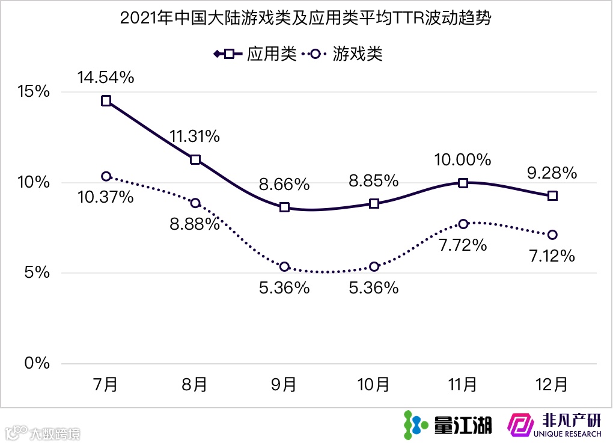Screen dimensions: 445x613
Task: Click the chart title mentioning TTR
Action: coord(306,19)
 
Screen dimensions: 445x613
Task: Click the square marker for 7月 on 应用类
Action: coord(106,101)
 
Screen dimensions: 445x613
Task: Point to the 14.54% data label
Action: coord(105,78)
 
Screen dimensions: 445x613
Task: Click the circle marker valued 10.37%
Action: coord(106,176)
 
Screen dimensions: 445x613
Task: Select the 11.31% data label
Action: coord(195,137)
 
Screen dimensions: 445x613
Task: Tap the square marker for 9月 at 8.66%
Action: coord(284,207)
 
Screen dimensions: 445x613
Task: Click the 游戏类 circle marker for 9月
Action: coord(284,266)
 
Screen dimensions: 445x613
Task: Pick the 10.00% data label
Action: coord(463,160)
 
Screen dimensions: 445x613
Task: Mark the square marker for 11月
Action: coord(463,183)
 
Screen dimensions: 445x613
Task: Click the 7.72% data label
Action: coord(463,246)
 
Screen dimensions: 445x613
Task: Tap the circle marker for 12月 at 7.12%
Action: coord(552,235)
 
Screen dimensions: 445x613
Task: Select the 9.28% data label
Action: coord(552,173)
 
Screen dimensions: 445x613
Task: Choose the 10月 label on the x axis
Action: coord(374,384)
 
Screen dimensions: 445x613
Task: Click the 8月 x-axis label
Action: coord(195,384)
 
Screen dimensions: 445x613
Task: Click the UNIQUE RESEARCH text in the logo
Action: coord(566,434)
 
